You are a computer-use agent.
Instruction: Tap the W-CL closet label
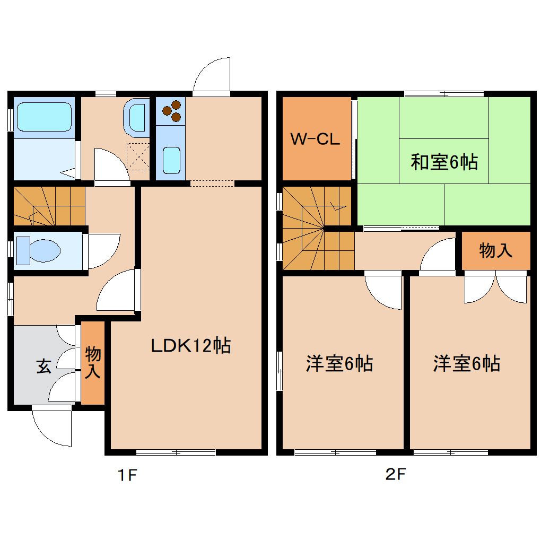pyautogui.click(x=315, y=139)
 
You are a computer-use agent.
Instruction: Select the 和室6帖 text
pyautogui.click(x=443, y=162)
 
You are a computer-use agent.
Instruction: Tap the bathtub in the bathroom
pyautogui.click(x=43, y=117)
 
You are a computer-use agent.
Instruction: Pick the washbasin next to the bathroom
pyautogui.click(x=137, y=117)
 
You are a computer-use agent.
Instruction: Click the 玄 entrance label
pyautogui.click(x=44, y=367)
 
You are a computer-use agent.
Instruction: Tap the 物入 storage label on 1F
pyautogui.click(x=93, y=362)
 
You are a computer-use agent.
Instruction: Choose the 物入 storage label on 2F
pyautogui.click(x=495, y=250)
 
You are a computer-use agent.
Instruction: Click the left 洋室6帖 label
pyautogui.click(x=339, y=364)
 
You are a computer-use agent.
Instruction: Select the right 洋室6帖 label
pyautogui.click(x=466, y=364)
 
